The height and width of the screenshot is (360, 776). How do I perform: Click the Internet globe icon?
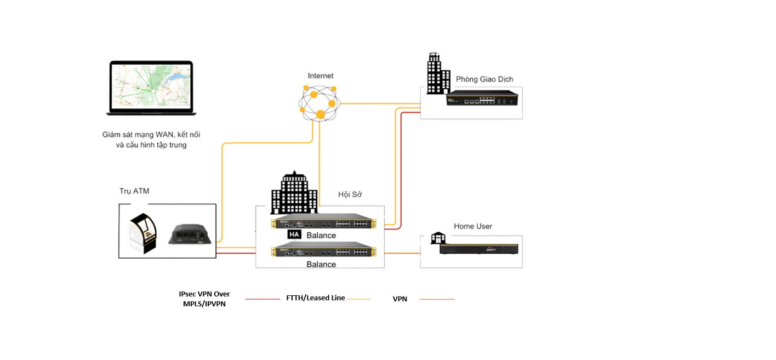(319, 103)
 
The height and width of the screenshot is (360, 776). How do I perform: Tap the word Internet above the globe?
(321, 76)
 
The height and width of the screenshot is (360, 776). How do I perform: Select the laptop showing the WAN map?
(151, 88)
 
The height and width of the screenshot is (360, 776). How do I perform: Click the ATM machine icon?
(144, 233)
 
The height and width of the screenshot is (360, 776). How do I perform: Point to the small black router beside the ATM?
(190, 235)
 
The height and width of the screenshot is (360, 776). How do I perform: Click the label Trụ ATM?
(134, 191)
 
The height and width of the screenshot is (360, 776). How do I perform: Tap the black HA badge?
(294, 235)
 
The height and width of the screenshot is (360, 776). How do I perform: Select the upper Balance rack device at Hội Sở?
(323, 221)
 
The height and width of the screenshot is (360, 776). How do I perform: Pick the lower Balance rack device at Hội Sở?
(323, 249)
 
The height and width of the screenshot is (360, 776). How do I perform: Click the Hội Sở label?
(350, 195)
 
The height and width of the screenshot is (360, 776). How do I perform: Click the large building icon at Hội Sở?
(294, 192)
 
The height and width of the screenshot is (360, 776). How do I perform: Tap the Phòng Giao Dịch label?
(484, 79)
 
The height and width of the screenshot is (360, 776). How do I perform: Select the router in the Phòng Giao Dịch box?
(482, 98)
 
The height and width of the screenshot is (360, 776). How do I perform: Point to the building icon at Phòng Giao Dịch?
(438, 73)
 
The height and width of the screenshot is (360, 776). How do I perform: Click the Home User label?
(473, 226)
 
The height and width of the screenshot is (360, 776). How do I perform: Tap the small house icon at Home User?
(438, 238)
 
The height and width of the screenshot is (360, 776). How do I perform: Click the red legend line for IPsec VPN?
(263, 299)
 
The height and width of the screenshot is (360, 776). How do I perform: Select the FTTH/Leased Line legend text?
(315, 298)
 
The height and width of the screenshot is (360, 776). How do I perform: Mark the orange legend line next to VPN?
(437, 299)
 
